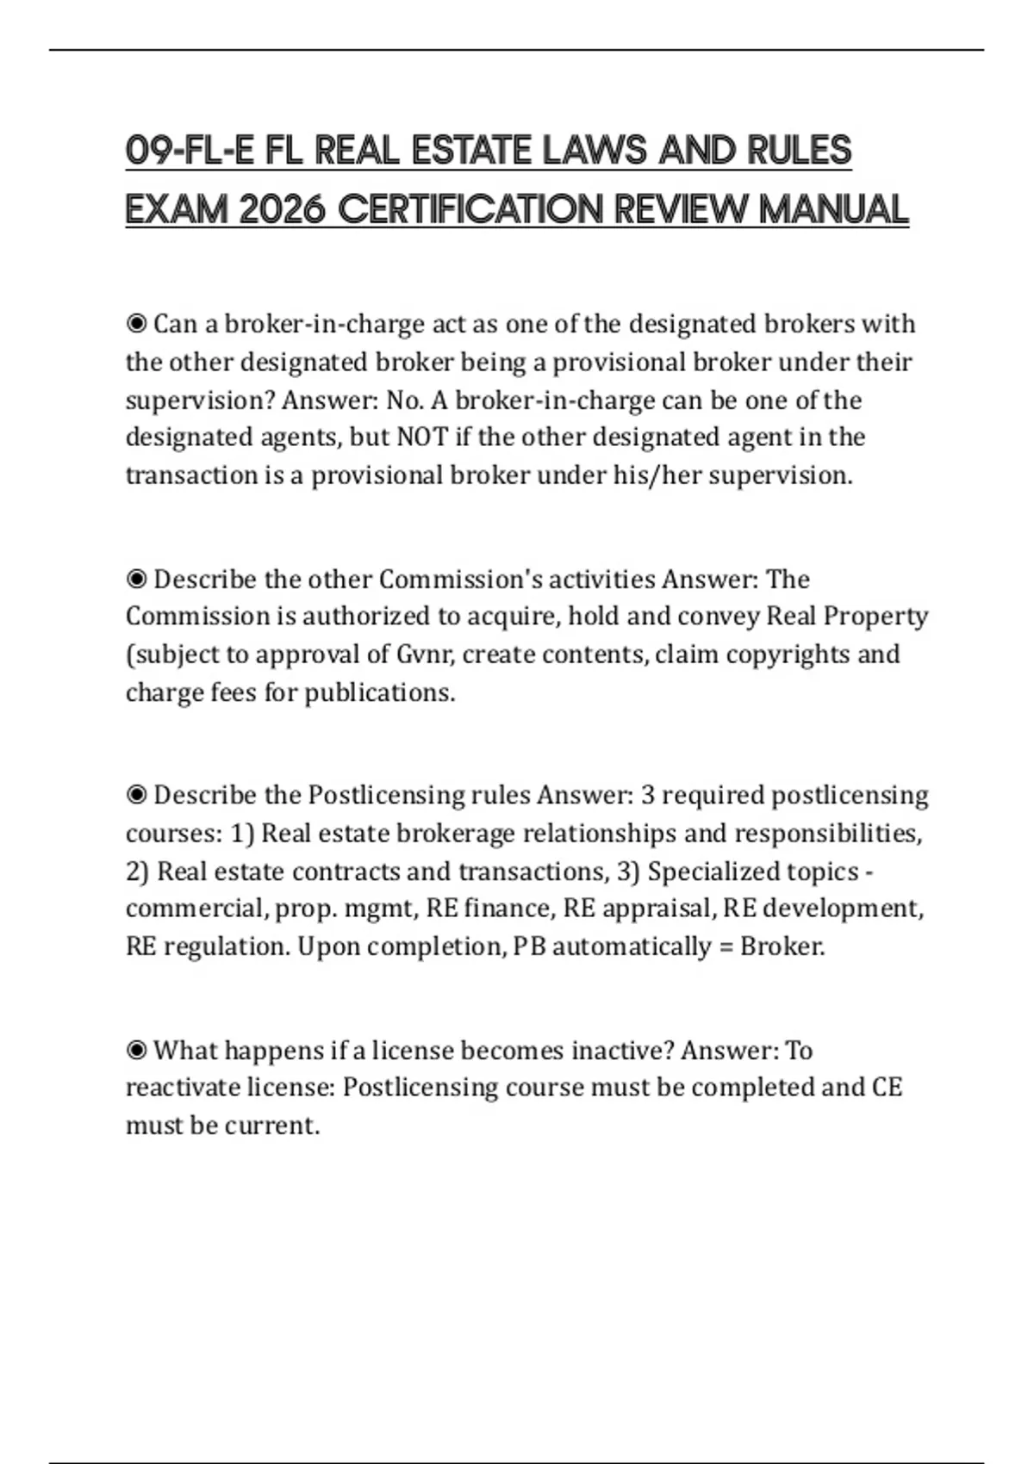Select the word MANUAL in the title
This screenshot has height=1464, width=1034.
click(x=833, y=209)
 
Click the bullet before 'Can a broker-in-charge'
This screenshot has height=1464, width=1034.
click(x=136, y=324)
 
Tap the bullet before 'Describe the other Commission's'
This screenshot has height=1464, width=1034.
click(x=136, y=579)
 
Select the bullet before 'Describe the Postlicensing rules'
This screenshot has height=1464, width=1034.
click(x=136, y=795)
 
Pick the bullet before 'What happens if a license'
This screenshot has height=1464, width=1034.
click(x=136, y=1051)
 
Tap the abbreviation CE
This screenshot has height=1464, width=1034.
click(x=887, y=1088)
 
